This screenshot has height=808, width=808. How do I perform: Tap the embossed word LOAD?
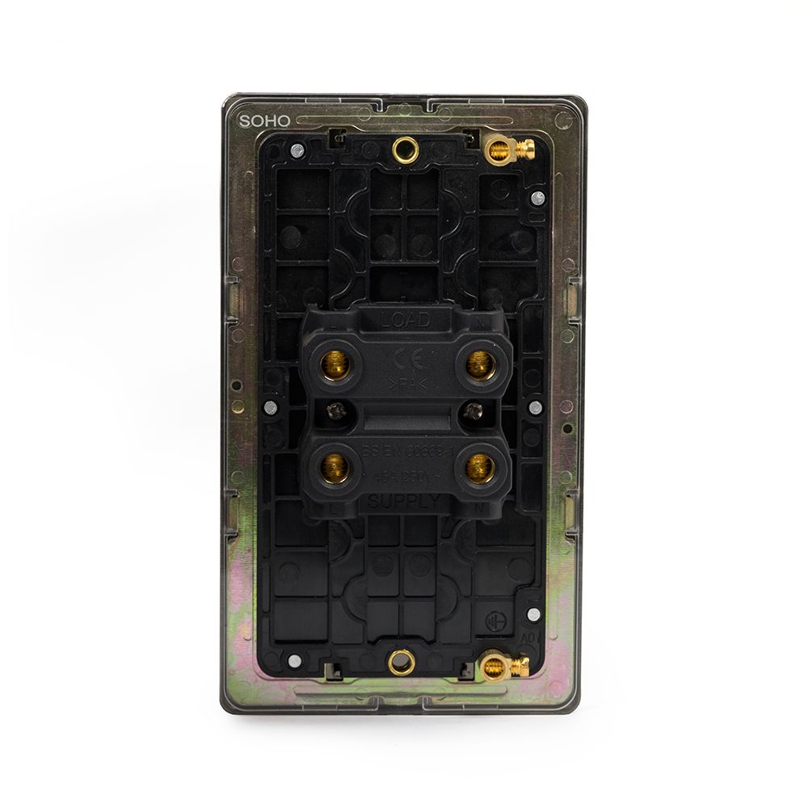(406, 320)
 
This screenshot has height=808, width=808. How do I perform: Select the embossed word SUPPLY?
(405, 501)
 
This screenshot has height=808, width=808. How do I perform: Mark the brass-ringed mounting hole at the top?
(402, 148)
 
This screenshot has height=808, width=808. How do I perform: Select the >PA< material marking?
(405, 382)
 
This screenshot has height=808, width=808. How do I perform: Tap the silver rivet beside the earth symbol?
(532, 615)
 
